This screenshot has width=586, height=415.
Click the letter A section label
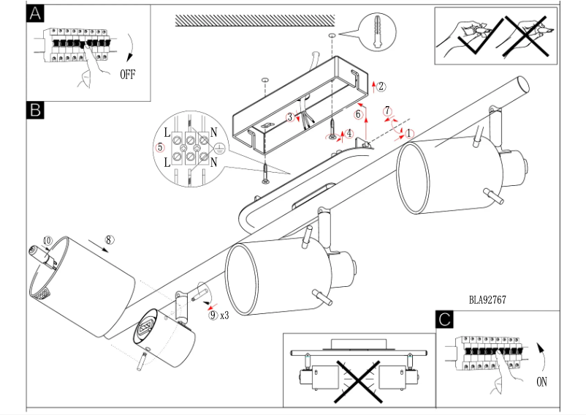click(x=35, y=14)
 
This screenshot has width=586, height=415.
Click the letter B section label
click(x=35, y=110)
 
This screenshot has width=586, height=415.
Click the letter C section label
click(x=444, y=320)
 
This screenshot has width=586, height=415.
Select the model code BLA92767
click(x=487, y=299)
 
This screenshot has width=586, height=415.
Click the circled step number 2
click(x=380, y=86)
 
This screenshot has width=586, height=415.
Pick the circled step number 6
click(x=359, y=114)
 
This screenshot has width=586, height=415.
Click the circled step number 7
click(x=387, y=111)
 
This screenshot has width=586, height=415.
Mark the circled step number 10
click(x=47, y=240)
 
